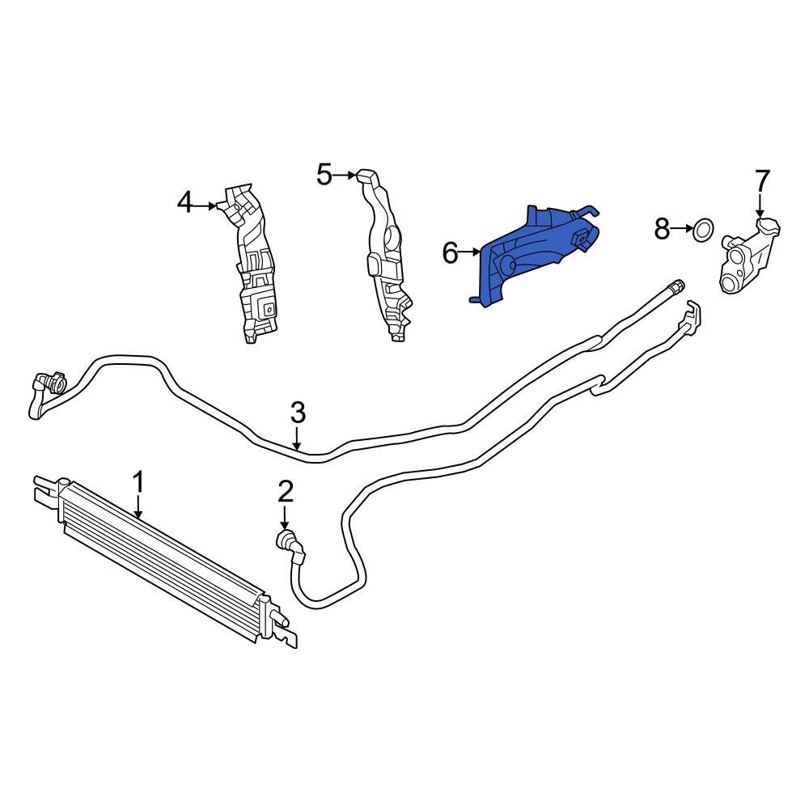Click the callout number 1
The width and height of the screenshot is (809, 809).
138,483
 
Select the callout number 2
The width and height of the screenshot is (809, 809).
286,490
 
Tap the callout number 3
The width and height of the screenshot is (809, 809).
298,413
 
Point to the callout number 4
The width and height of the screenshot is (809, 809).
185,201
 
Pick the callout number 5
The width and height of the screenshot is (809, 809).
324,174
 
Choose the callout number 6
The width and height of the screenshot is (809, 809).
451,253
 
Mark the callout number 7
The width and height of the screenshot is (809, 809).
762,180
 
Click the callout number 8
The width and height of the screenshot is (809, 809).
663,230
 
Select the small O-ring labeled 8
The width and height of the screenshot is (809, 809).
703,230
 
